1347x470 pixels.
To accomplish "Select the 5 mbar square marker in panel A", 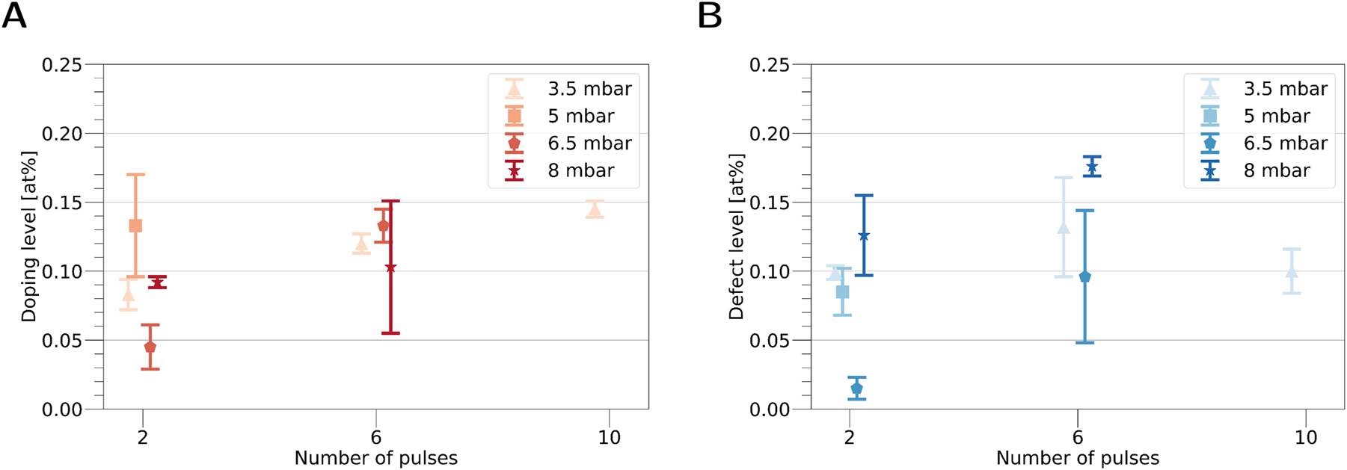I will click(135, 226).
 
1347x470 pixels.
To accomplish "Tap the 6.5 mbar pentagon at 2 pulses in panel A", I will click(150, 347).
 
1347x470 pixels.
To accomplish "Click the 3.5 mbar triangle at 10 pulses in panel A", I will click(595, 210).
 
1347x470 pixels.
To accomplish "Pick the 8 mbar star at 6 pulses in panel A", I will click(390, 268).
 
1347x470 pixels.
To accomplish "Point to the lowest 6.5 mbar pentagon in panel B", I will click(857, 388).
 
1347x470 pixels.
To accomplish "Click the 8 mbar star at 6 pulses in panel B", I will click(1092, 167).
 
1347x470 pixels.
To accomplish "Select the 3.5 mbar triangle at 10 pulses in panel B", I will click(1292, 271).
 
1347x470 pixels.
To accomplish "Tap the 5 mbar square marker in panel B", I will click(842, 291).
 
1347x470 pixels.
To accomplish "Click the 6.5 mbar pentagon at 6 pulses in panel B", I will click(1084, 276).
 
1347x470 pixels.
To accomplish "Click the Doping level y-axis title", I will click(28, 237).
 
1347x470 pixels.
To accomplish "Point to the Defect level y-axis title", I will click(737, 237).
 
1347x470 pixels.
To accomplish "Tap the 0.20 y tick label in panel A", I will click(62, 134).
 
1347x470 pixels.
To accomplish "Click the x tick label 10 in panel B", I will click(1306, 437).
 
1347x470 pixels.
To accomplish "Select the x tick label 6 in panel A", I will click(376, 437).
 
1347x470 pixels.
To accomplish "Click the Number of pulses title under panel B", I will click(1077, 458).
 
